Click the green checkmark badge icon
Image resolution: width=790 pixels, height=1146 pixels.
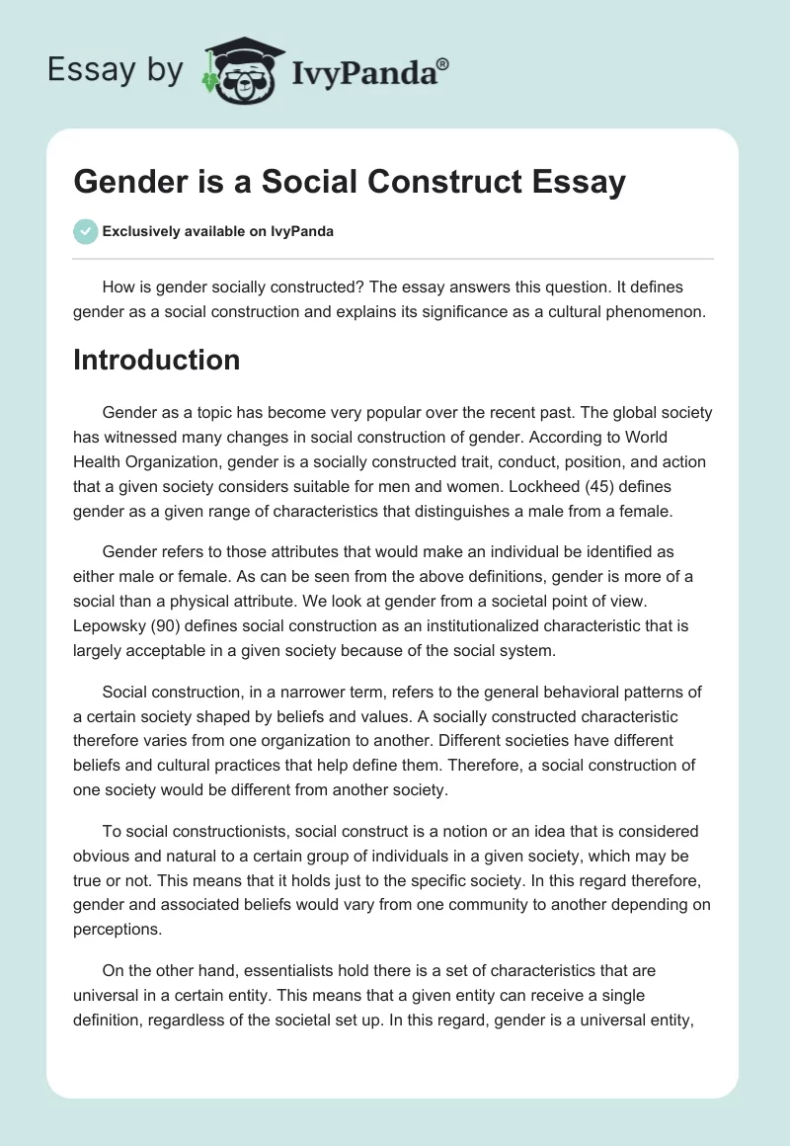click(86, 231)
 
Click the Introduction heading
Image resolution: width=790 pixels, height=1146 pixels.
click(156, 360)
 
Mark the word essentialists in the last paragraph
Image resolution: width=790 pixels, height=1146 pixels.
click(274, 972)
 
